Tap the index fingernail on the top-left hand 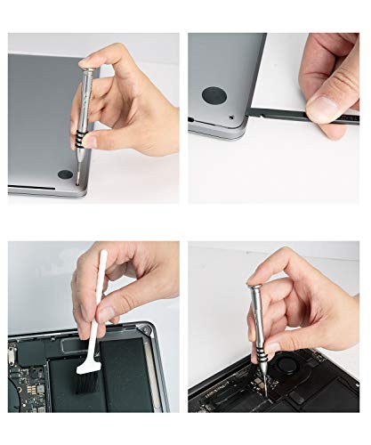click(89, 140)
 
